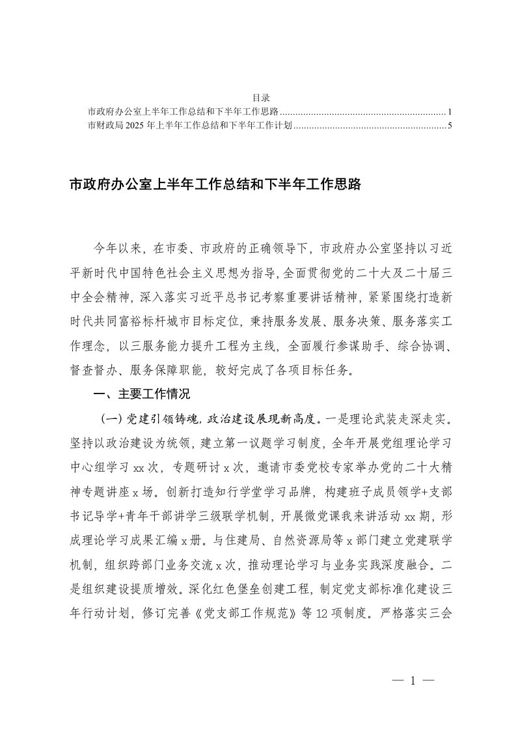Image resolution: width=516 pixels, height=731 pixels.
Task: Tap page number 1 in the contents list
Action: click(x=450, y=111)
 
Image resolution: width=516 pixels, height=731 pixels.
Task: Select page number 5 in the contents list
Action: click(x=450, y=124)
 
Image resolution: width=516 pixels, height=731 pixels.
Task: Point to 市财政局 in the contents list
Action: click(x=102, y=124)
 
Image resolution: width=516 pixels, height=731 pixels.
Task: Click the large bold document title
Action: click(x=215, y=186)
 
